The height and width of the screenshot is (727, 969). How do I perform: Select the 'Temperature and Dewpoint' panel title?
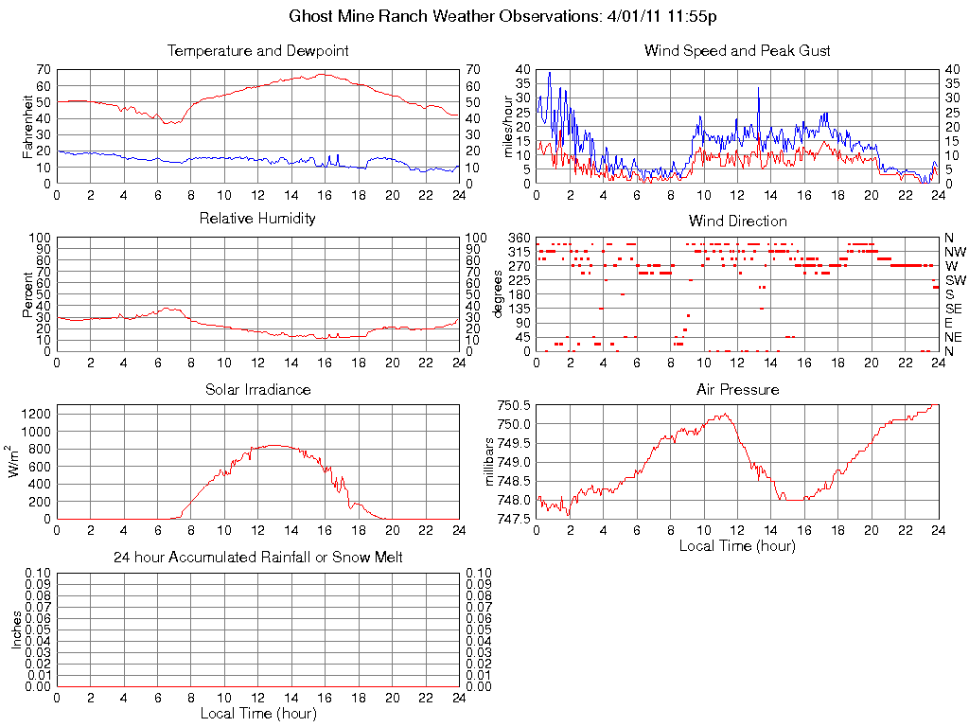click(x=257, y=51)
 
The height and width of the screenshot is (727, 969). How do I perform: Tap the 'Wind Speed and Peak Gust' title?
click(x=737, y=51)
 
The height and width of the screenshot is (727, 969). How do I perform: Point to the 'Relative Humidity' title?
click(x=257, y=219)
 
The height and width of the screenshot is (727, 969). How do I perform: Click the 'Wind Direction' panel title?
click(x=737, y=221)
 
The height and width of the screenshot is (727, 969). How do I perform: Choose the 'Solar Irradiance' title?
click(x=257, y=389)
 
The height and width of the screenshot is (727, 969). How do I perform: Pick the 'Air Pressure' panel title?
click(x=737, y=389)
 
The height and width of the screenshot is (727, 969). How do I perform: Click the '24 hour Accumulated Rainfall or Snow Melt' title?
click(x=257, y=558)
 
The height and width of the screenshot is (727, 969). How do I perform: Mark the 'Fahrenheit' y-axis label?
click(x=27, y=126)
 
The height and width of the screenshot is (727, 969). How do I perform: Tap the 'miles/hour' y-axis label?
click(x=508, y=126)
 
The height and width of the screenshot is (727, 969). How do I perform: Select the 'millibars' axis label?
click(x=490, y=462)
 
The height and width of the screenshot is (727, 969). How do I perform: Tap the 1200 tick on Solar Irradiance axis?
click(x=35, y=413)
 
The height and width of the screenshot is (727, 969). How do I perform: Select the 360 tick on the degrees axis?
click(x=519, y=237)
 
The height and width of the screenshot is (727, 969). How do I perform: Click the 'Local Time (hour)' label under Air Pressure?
click(x=737, y=546)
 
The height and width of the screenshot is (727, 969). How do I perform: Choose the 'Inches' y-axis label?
click(x=16, y=629)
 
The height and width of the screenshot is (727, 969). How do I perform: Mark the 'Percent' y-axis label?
click(x=27, y=294)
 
